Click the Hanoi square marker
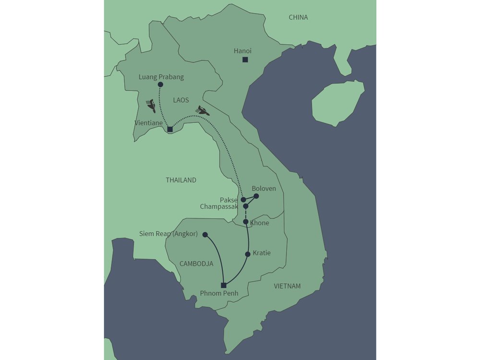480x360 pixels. pos(245,60)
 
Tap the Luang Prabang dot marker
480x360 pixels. pos(160,84)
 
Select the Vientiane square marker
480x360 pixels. pos(170,129)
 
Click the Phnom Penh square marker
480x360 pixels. pos(223,286)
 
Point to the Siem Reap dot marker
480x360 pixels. pos(205,235)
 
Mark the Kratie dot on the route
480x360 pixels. pos(248,254)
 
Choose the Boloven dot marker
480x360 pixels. pos(256,196)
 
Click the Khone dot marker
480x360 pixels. pos(246,222)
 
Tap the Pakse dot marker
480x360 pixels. pos(243,199)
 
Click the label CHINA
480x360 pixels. pos(298,17)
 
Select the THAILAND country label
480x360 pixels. pos(181,180)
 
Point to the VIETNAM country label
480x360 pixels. pos(287,286)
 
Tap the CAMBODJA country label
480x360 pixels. pos(196,264)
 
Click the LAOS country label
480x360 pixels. pos(181,100)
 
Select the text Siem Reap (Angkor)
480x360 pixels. pos(168,234)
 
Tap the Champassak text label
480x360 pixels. pos(219,206)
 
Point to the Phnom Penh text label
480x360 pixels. pos(219,294)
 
